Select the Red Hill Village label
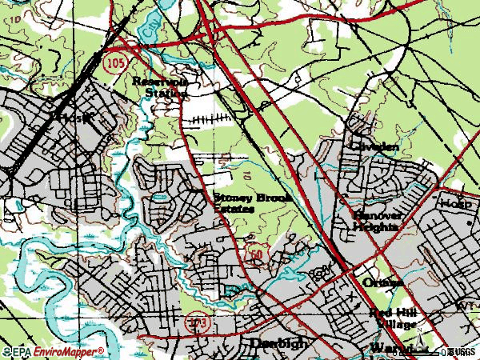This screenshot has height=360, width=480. (393, 318)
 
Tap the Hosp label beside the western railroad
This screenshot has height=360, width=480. (71, 118)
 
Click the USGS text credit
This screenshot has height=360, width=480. (464, 351)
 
